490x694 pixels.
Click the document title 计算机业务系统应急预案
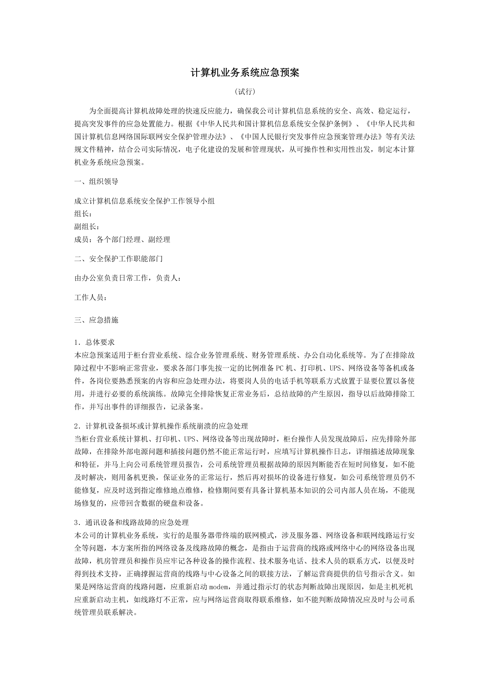[x=245, y=73]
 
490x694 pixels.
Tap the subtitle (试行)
[x=245, y=91]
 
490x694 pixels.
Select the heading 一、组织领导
[x=96, y=181]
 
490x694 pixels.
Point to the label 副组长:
[x=87, y=227]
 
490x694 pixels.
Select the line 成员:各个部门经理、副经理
[x=122, y=240]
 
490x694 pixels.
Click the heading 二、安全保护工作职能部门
[x=119, y=259]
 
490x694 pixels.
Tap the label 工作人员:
[x=90, y=298]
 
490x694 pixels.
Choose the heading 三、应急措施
[x=96, y=320]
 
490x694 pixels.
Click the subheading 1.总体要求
[x=94, y=342]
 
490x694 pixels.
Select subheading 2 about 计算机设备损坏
[x=161, y=426]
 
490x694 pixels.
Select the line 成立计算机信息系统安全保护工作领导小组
[x=144, y=201]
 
